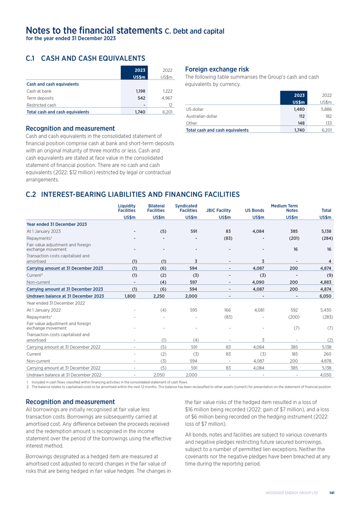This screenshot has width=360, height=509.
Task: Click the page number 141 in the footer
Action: [x=331, y=493]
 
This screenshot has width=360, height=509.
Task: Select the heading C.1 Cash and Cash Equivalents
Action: [x=85, y=58]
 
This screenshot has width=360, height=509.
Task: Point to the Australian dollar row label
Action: [x=201, y=116]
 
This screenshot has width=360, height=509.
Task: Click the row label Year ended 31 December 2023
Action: [x=57, y=224]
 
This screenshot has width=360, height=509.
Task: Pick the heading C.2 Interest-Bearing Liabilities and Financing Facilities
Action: [x=133, y=195]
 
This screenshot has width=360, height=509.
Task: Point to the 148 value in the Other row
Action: [x=299, y=123]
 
